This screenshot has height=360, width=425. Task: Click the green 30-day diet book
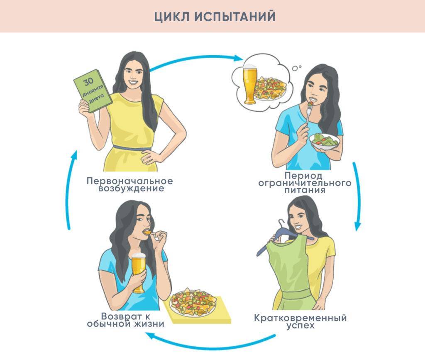93,91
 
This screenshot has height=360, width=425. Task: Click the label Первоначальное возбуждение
130,185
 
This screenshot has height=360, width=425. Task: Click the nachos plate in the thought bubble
270,88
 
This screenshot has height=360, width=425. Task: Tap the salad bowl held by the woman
324,141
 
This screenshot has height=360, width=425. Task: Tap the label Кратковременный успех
300,322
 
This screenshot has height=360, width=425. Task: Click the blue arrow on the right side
357,195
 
